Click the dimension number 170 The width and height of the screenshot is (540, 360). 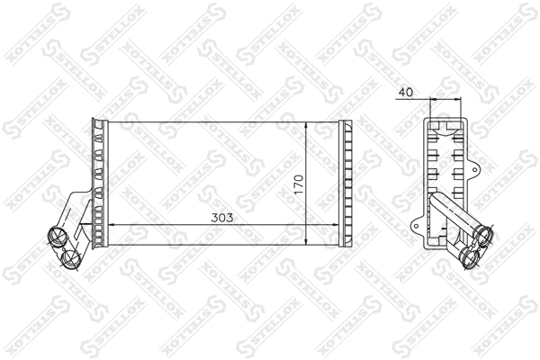point(301,185)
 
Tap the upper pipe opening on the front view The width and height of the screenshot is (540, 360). point(55,238)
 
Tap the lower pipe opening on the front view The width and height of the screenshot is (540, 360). point(72,258)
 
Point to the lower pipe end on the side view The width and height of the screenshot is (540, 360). point(469,258)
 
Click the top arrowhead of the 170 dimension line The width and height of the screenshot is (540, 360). point(310,124)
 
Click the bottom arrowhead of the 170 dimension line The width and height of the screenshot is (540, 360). point(310,242)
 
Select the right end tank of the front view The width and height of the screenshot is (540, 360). point(346,183)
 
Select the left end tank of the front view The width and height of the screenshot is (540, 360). point(99,183)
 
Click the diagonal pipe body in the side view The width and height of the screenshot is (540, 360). point(450,216)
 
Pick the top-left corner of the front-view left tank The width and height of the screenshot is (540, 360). point(91,120)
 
